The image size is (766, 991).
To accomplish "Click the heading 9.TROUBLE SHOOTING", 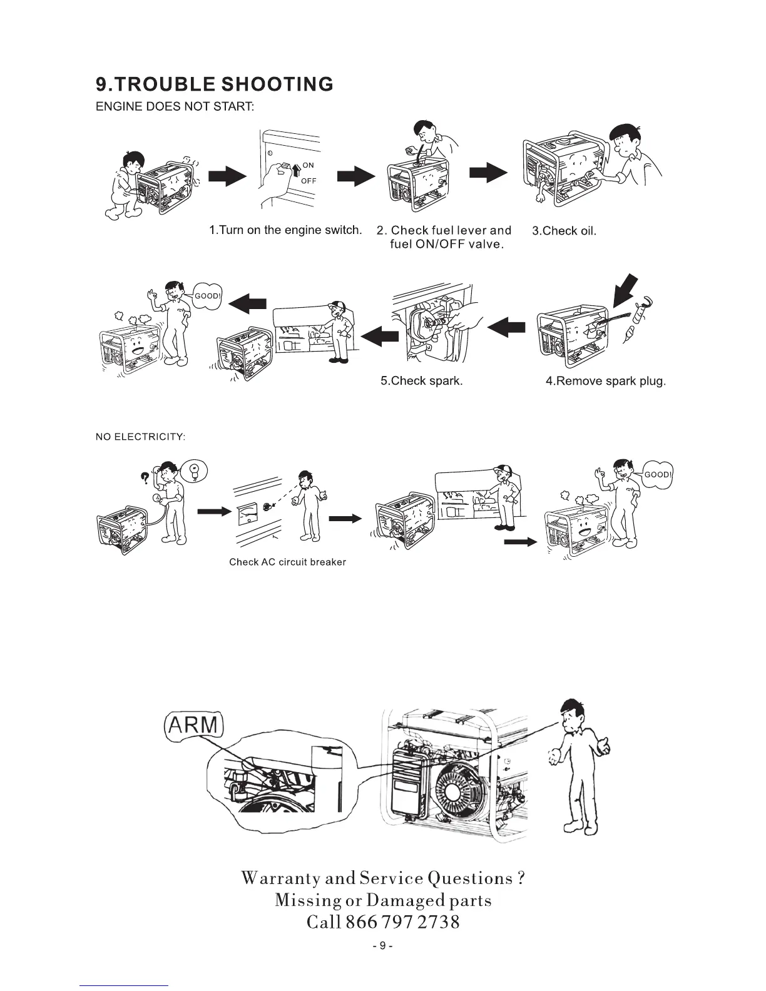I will click(x=214, y=84).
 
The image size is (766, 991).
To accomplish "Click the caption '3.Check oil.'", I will click(x=564, y=231).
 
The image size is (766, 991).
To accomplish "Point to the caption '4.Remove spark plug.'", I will click(x=605, y=381).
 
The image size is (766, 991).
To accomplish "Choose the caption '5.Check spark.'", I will click(x=421, y=381).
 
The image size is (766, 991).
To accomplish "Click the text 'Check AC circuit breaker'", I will click(x=287, y=562).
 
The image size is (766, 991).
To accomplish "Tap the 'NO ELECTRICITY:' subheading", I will click(x=140, y=436).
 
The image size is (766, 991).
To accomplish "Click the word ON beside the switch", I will click(x=308, y=165).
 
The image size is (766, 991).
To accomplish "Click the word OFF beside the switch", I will click(x=309, y=181).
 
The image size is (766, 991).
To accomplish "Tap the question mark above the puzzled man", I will click(x=145, y=479).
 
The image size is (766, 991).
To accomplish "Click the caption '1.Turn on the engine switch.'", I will click(x=285, y=230).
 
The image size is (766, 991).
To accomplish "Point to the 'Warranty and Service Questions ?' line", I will click(x=382, y=878).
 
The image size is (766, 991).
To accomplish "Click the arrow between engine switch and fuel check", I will click(x=355, y=177).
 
